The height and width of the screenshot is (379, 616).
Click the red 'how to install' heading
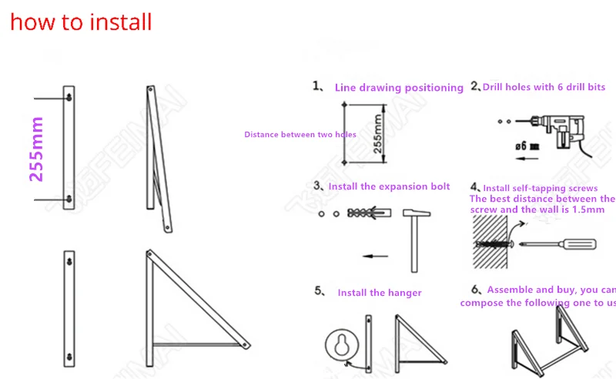81,22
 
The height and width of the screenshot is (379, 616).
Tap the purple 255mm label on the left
35,149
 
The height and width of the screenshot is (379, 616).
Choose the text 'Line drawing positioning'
399,88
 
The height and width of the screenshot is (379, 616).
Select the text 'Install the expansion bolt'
389,186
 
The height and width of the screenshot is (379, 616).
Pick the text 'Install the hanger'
380,293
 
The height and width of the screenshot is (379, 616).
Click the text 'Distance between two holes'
300,135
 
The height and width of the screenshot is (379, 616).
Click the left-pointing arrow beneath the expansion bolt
376,257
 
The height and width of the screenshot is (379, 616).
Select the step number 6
476,290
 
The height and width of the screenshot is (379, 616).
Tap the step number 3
317,186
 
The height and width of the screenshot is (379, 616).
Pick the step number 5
319,291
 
